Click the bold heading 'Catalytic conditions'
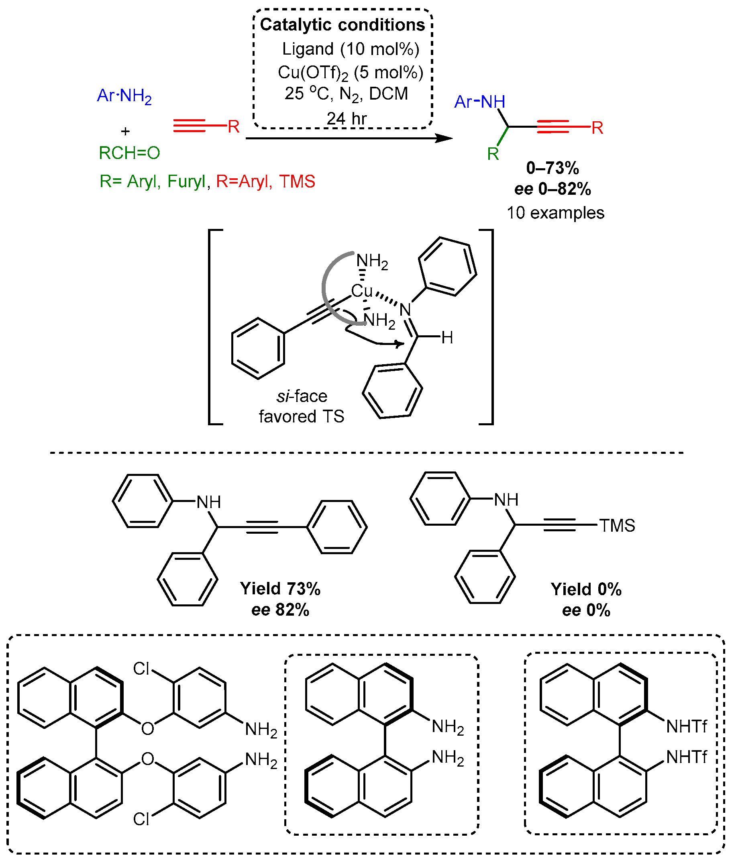[x=342, y=25]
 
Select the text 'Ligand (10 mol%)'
[x=351, y=49]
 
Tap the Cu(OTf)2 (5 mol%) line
[x=351, y=73]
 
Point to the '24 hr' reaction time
[x=346, y=118]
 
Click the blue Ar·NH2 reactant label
[x=124, y=96]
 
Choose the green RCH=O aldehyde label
[x=129, y=153]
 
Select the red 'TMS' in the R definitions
[x=297, y=182]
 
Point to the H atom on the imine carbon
[x=447, y=338]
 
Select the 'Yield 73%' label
[x=280, y=589]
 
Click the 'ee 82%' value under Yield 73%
[x=280, y=610]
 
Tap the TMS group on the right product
[x=617, y=526]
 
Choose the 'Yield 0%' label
[x=586, y=590]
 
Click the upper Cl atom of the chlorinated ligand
[x=141, y=669]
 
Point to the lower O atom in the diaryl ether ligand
[x=147, y=759]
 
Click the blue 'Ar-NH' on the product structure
[x=479, y=102]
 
